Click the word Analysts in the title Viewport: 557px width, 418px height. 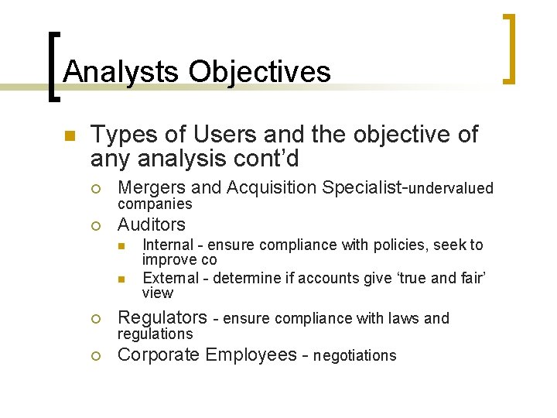tap(118, 72)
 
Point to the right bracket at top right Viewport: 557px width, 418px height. tap(508, 48)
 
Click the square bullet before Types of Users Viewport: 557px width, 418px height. tap(68, 136)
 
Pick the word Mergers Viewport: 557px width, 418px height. tap(151, 187)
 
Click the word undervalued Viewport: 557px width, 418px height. tap(450, 188)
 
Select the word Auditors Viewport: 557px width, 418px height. tap(151, 224)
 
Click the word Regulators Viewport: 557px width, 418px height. tap(162, 317)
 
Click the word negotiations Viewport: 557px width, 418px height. tap(354, 356)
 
